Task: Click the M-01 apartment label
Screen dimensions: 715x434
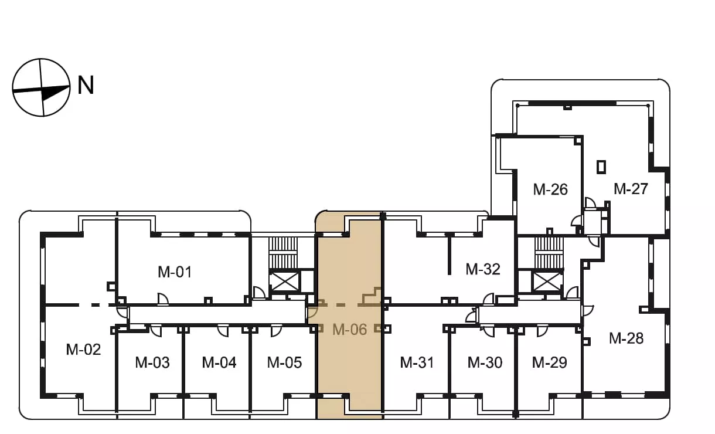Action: (175, 272)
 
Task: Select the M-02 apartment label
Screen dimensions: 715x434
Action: (83, 350)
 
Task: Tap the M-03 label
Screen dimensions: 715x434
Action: (152, 362)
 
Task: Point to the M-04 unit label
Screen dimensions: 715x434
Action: (219, 362)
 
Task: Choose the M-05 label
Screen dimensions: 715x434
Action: (284, 362)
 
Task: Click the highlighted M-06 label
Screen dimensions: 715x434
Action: (349, 329)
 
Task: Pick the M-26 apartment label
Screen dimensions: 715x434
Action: (550, 189)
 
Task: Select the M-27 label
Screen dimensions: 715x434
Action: (631, 189)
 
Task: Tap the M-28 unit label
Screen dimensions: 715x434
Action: (626, 338)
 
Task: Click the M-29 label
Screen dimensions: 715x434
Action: (549, 362)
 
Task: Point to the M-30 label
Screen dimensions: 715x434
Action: (485, 362)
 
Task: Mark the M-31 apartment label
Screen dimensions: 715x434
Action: (417, 362)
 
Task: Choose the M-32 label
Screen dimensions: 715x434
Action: (483, 269)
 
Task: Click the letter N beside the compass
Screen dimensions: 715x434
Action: (86, 85)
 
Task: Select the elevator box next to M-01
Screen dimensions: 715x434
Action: (284, 282)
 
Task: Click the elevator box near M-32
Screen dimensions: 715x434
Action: (547, 282)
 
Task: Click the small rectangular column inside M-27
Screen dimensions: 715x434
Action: (601, 167)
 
